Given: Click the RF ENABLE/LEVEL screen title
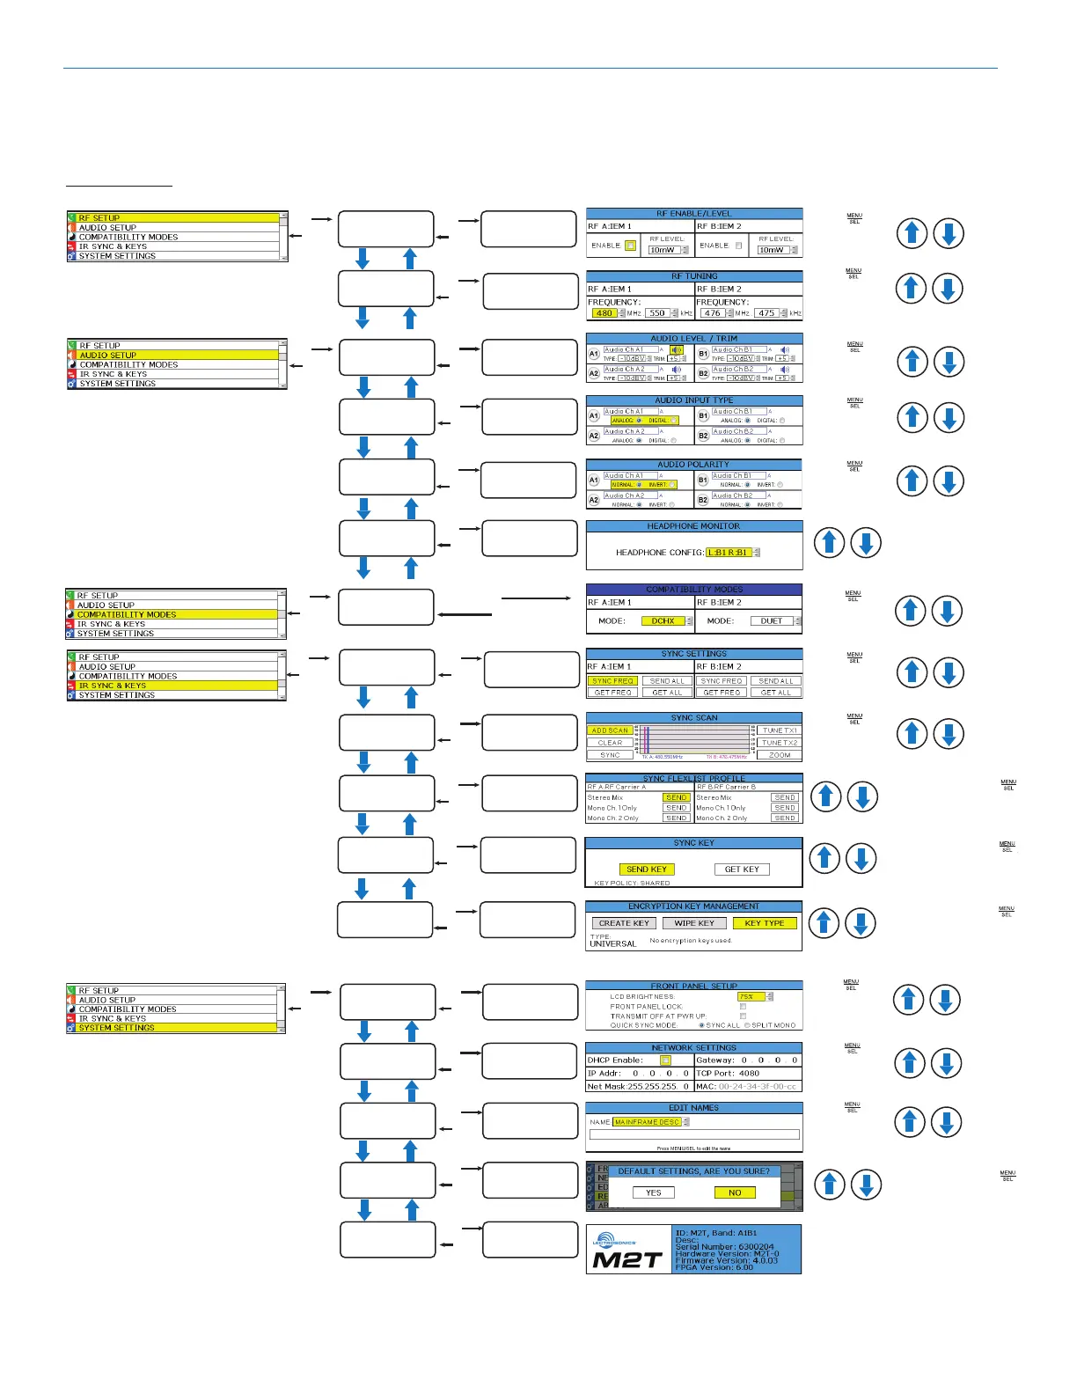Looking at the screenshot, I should [693, 214].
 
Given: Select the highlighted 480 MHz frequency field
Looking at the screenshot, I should [604, 313].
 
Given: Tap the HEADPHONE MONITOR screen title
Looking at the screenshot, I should [693, 526].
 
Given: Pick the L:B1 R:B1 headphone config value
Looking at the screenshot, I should [729, 553].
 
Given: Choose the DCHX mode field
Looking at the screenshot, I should [663, 621].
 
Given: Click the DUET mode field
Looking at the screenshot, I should [771, 621].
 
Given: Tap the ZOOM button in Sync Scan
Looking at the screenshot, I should [780, 755].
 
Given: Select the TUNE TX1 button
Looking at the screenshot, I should [780, 730].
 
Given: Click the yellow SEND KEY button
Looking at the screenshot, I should [647, 869].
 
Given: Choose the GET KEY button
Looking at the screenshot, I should [742, 869].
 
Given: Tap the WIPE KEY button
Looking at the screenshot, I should [694, 923].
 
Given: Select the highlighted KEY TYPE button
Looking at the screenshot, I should [764, 923].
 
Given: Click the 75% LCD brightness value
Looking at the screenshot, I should [750, 997].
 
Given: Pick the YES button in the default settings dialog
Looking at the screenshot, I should [653, 1192].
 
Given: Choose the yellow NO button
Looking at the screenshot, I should [735, 1192].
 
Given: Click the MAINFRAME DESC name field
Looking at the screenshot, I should [647, 1122].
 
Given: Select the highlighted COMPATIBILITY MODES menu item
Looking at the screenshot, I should [127, 615].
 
